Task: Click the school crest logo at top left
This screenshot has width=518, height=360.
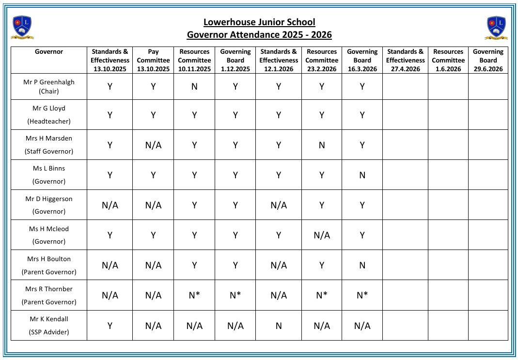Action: (x=22, y=27)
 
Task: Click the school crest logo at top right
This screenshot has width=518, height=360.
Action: (x=496, y=27)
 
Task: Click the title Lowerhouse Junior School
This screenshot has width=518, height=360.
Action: (x=259, y=22)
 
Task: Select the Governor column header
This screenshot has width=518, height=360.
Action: (x=49, y=52)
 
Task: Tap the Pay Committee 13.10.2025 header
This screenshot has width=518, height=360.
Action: (x=153, y=60)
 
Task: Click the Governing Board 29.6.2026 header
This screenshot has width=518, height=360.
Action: (x=488, y=60)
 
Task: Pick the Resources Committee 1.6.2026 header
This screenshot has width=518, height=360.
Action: (x=448, y=60)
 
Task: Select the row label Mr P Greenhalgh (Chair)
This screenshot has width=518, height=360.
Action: (x=49, y=87)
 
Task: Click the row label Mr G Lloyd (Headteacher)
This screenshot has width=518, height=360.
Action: (x=49, y=115)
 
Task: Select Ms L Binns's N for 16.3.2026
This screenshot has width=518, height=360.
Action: (x=362, y=175)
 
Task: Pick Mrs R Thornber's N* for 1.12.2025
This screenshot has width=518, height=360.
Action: (x=235, y=296)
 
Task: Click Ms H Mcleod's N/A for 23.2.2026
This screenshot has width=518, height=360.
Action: (x=322, y=235)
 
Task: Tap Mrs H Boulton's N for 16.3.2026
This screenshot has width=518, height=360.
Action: (x=362, y=266)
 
